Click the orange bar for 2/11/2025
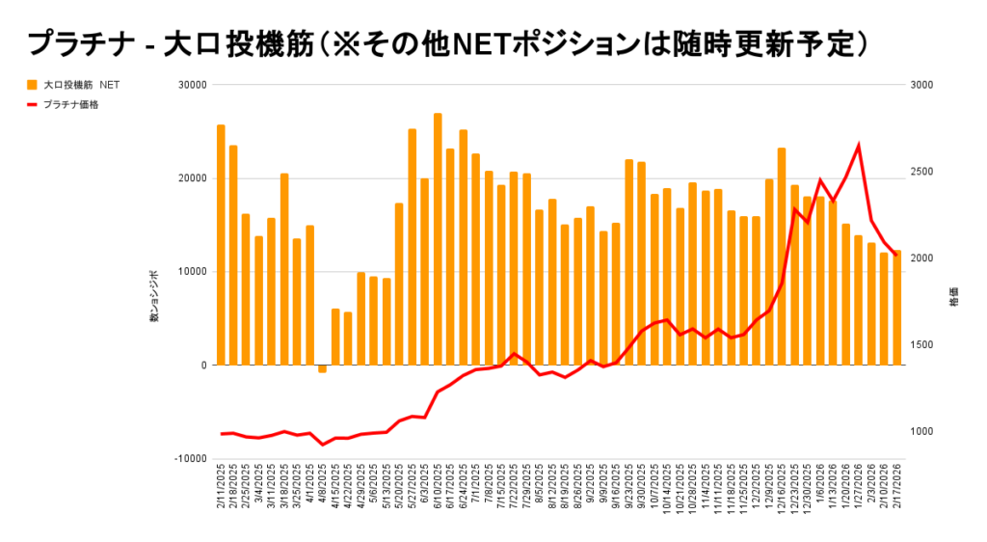(x=221, y=245)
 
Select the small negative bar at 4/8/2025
(x=323, y=368)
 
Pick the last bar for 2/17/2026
(x=896, y=308)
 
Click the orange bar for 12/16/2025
(x=782, y=257)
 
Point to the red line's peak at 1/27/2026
(x=858, y=146)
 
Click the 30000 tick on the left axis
(x=194, y=85)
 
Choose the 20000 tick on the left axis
(x=194, y=178)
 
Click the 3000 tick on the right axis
(x=922, y=85)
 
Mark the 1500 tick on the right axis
(x=922, y=345)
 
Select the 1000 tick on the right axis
(x=922, y=431)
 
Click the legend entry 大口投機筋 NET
(x=81, y=85)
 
